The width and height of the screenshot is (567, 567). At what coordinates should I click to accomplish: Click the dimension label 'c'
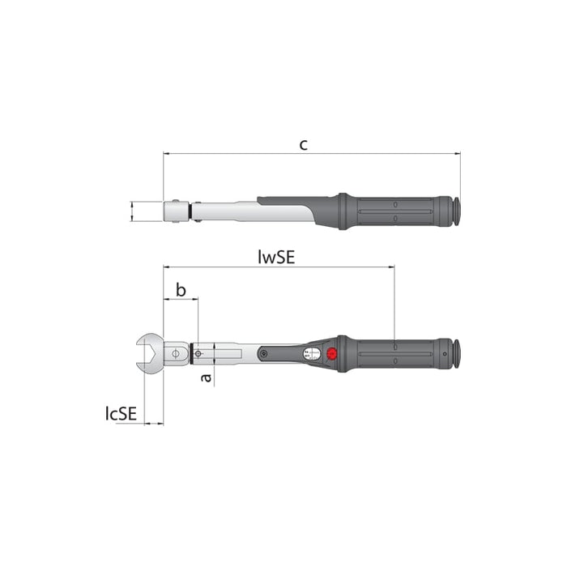point(303,145)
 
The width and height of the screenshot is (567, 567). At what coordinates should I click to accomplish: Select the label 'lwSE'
point(275,258)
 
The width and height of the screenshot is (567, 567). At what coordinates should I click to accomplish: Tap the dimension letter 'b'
point(181,290)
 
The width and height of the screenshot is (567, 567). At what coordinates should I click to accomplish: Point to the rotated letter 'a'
point(206,377)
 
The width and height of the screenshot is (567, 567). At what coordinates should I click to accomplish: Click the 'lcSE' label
point(120,413)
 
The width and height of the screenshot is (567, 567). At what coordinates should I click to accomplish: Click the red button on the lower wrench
point(331,354)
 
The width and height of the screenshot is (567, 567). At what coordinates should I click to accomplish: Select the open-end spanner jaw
point(147,354)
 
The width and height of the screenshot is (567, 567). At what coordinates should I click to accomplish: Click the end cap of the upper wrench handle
point(457,211)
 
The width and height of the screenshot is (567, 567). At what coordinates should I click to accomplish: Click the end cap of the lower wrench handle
point(457,354)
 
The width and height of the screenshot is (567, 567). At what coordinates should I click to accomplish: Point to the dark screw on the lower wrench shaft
point(262,354)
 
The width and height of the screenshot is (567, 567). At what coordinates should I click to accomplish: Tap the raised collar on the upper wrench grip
point(342,211)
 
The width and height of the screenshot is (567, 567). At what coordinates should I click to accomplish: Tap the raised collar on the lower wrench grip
point(342,354)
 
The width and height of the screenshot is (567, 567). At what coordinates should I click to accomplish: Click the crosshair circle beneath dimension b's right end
point(198,353)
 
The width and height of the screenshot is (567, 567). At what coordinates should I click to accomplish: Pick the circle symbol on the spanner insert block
point(175,353)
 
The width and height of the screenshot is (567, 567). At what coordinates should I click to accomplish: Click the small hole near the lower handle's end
point(444,354)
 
